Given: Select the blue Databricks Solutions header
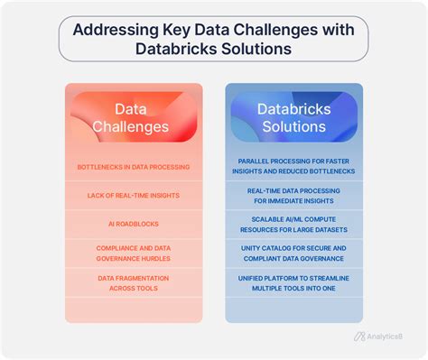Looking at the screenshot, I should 293,116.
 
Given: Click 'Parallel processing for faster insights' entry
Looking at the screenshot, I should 293,167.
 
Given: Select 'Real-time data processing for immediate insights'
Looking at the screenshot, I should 293,196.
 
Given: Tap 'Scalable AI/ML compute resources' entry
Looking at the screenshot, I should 293,224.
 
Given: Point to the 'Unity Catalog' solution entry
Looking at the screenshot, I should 293,252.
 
